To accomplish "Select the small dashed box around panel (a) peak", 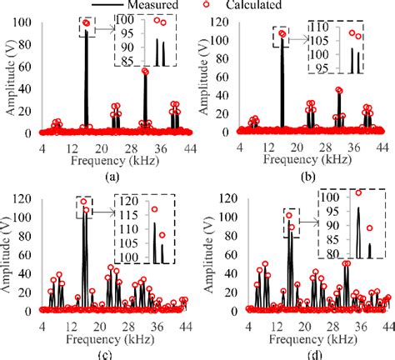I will pyautogui.click(x=86, y=27).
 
